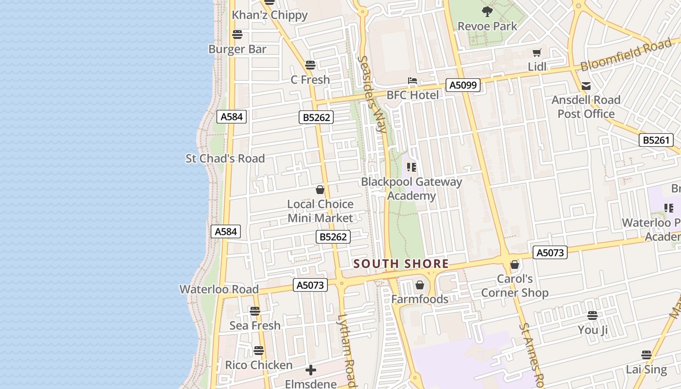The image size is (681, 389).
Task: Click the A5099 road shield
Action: point(464,86)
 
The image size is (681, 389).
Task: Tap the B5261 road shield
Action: point(656,140)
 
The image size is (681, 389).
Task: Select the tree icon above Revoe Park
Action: point(487,11)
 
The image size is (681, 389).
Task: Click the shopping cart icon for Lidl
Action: point(537,53)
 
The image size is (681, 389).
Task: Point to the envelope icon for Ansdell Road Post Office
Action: point(586,86)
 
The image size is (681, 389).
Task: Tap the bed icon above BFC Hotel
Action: point(412,81)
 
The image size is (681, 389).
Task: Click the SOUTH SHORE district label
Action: point(401,264)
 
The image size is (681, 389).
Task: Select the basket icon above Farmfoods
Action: point(419,285)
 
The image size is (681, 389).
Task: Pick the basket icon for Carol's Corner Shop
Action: point(515,265)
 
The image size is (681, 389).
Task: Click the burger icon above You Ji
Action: point(592,316)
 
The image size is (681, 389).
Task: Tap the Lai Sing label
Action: point(646,369)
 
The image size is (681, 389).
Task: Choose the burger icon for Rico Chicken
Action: point(259,351)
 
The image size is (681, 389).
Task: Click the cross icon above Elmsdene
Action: point(311,371)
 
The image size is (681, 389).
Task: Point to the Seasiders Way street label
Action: point(373,94)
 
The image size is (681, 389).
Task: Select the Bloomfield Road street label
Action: point(626,56)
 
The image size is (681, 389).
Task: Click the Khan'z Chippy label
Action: point(269,15)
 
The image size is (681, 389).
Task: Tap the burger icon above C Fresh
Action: point(310,65)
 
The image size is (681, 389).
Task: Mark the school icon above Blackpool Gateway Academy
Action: point(412,167)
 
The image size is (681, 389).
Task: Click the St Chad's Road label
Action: point(225,159)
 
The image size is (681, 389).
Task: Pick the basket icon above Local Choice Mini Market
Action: point(320,190)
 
